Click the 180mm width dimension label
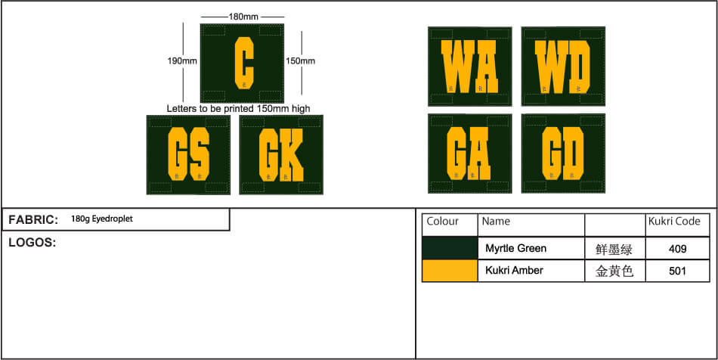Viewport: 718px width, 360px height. (243, 17)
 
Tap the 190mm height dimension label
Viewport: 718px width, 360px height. (182, 61)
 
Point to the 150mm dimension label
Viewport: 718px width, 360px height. (300, 61)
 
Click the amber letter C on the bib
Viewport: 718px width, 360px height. (245, 64)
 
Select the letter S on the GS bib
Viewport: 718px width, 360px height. (200, 154)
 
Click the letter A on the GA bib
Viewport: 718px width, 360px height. (479, 154)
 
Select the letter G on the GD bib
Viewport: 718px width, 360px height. (551, 154)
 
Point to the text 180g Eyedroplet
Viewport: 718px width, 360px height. (102, 219)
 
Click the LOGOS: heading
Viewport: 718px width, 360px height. (32, 243)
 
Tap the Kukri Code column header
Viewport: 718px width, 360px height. (674, 222)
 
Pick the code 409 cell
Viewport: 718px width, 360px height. (677, 249)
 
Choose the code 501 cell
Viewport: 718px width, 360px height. (677, 271)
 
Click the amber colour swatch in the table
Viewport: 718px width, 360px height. (450, 271)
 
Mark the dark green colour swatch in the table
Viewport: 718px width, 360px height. (450, 249)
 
